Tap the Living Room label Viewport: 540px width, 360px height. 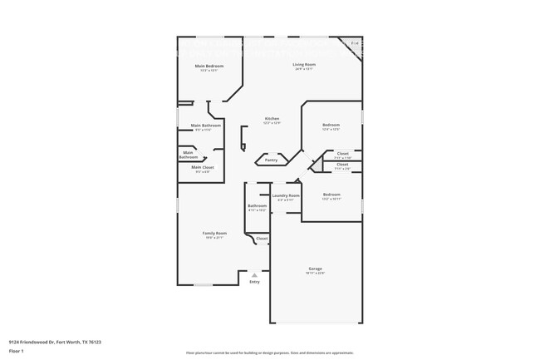(303, 64)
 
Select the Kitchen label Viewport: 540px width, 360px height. (272, 118)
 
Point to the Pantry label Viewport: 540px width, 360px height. (271, 160)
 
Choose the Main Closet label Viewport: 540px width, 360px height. (203, 167)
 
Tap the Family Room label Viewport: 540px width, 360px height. (214, 234)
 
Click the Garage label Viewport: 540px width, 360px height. (316, 269)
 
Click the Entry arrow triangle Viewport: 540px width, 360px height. (254, 274)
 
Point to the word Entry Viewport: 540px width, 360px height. (254, 282)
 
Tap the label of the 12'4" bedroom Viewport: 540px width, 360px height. (331, 125)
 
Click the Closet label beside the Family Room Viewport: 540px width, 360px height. (261, 239)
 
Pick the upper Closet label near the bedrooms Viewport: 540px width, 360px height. (342, 153)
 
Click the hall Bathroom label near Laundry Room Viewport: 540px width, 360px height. (257, 205)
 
